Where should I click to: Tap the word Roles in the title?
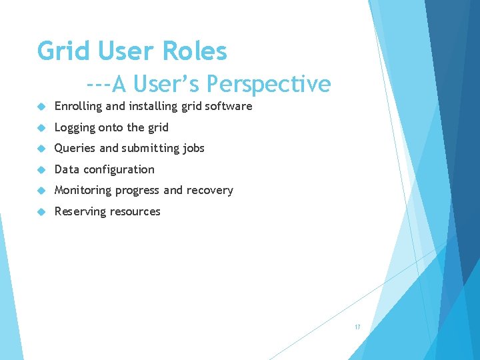click(x=194, y=51)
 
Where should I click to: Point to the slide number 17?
click(x=357, y=327)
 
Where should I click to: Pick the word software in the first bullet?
click(x=228, y=106)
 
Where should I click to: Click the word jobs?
click(x=193, y=148)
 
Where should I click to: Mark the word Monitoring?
click(x=83, y=190)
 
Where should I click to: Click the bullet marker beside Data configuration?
click(x=41, y=169)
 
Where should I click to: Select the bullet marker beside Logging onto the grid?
click(x=41, y=127)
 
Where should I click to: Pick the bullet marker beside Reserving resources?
click(x=41, y=211)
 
